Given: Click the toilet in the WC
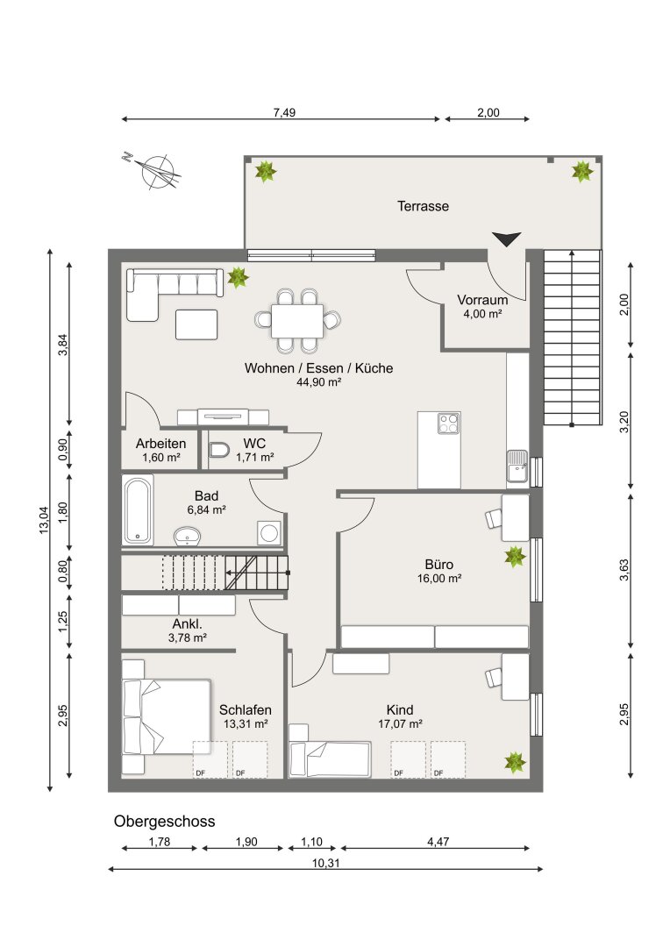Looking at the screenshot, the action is point(218,450).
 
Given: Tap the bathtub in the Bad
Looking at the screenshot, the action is point(138,509).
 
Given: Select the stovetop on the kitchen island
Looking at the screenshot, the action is point(448,424).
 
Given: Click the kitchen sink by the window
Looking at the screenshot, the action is point(517,466).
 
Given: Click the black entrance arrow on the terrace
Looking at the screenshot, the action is point(506,239).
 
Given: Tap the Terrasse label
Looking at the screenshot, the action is point(423,206).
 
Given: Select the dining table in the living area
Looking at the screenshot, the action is point(297,321).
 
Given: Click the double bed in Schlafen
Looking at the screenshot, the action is point(167,717).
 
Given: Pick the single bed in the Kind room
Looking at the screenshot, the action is point(330,759).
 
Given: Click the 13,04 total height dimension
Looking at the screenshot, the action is point(44,520).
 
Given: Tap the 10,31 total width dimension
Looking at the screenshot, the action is point(325,863).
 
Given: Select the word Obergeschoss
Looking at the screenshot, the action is point(164,822).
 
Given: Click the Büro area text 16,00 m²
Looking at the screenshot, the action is point(439,579).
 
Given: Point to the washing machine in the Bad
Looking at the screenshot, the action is point(269,533).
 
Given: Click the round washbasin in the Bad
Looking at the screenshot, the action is point(188,536).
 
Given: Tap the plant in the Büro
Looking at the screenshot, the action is point(515,556).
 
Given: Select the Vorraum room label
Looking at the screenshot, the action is point(482,300).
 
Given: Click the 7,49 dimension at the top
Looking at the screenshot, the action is point(284,112).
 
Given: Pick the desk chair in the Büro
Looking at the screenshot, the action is point(494,518).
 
